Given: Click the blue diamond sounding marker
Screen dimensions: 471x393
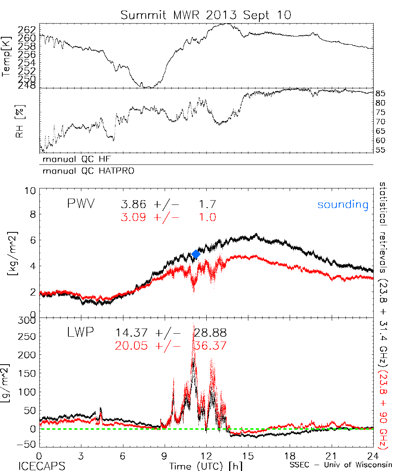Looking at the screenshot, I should (196, 254).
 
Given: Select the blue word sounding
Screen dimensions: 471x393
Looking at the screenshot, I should (343, 204).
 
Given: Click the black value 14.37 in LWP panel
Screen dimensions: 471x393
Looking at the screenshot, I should (132, 333).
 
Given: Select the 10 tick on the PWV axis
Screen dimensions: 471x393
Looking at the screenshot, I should (31, 191).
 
